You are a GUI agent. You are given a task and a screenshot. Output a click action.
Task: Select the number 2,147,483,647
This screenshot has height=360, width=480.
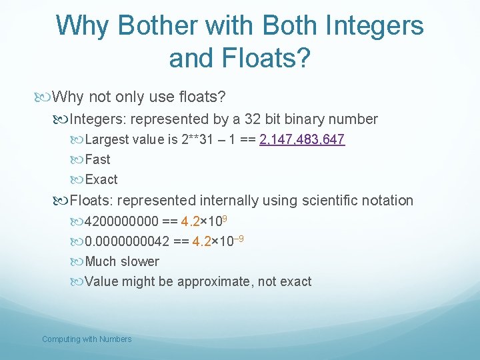pyautogui.click(x=302, y=139)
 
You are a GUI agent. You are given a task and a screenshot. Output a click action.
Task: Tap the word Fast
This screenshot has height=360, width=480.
pyautogui.click(x=98, y=159)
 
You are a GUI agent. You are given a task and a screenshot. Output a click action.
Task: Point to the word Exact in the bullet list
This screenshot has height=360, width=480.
pyautogui.click(x=101, y=179)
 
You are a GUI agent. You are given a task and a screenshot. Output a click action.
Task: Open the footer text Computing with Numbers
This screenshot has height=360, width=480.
pyautogui.click(x=87, y=339)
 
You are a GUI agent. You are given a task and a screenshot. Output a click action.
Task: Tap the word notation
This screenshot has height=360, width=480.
pyautogui.click(x=387, y=200)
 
